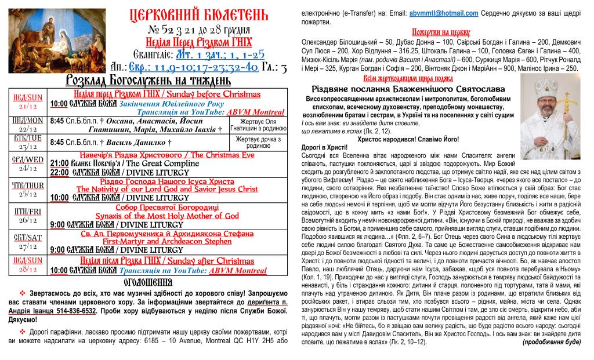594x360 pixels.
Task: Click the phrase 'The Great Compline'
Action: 167,163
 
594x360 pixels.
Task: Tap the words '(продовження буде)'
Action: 551,342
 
